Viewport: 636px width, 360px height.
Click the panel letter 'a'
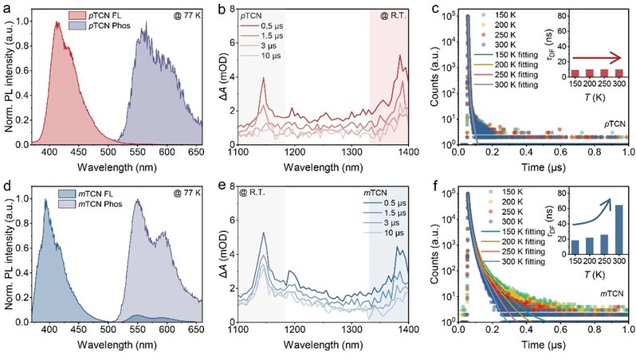[x=6, y=7]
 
